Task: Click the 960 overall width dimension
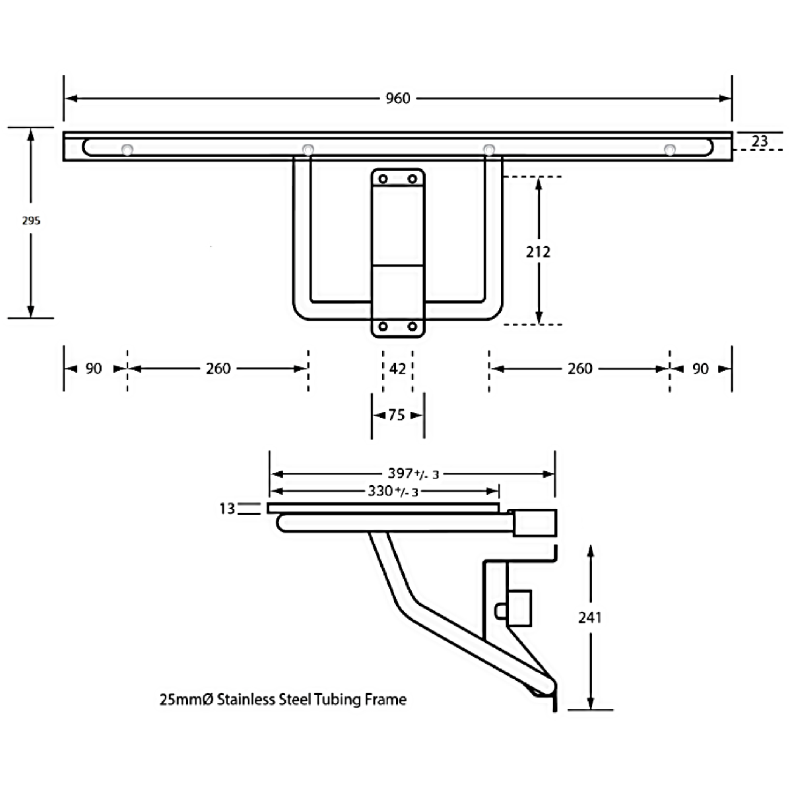(397, 98)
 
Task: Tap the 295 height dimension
(31, 220)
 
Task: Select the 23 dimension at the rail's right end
(760, 141)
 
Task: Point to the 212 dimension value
(538, 251)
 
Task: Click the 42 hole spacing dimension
(397, 369)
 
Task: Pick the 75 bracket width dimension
(397, 414)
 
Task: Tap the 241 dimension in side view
(590, 617)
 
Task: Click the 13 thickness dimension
(227, 508)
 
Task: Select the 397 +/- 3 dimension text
(413, 473)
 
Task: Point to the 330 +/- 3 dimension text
(393, 491)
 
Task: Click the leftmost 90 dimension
(94, 369)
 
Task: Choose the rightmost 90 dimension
(700, 369)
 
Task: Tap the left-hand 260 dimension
(218, 369)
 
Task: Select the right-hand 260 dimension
(580, 369)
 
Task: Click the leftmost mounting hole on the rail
(127, 150)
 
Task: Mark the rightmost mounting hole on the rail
(669, 150)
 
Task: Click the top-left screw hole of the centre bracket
(383, 179)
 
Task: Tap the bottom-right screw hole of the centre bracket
(412, 326)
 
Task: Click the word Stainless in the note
(246, 699)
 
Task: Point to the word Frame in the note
(385, 699)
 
